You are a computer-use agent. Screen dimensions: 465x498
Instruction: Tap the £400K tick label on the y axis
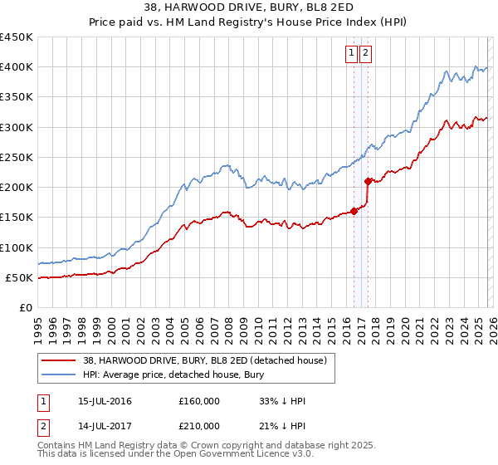coord(16,67)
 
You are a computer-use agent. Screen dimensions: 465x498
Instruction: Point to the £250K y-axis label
coord(16,157)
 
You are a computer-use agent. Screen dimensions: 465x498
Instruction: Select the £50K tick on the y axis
coord(19,277)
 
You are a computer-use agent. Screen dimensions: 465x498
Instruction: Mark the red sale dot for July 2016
coord(354,211)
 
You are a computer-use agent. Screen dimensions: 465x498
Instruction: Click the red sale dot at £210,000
coord(369,180)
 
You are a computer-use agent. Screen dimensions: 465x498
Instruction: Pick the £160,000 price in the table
coord(198,401)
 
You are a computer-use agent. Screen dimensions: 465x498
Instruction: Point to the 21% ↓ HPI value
coord(282,426)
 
